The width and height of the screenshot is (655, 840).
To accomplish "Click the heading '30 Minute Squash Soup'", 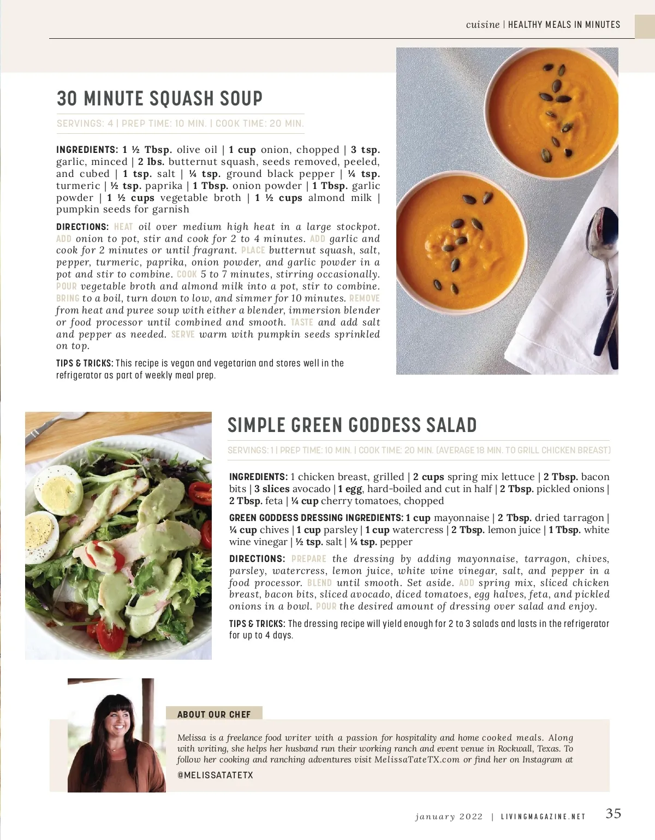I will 159,99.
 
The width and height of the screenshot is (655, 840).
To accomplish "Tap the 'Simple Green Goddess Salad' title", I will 352,425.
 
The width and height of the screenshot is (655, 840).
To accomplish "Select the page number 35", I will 614,814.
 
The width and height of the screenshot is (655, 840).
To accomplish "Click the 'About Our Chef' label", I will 214,714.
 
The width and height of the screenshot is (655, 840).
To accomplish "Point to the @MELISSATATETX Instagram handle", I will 215,775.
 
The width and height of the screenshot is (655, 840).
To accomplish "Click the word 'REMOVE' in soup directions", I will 364,299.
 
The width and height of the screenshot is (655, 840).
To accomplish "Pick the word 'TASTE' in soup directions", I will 302,323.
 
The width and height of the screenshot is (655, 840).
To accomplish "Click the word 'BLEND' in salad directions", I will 319,583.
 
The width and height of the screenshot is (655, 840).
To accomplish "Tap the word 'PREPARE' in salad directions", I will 309,559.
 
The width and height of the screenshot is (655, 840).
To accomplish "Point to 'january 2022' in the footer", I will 449,817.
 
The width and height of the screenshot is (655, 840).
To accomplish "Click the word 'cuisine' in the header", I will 483,25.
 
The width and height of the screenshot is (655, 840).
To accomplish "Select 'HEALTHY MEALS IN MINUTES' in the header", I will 564,25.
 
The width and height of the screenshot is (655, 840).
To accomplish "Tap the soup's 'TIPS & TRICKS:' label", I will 85,363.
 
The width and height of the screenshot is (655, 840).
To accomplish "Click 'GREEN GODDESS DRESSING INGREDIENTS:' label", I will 316,518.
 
